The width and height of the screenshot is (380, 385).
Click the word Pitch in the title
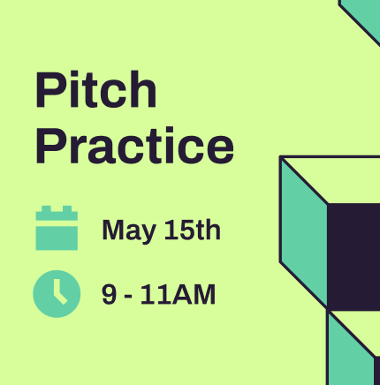(96, 89)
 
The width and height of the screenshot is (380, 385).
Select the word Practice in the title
(135, 146)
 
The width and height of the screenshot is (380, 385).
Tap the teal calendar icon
(57, 228)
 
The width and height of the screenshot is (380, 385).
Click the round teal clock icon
(57, 294)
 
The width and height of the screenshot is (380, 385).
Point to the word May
(129, 231)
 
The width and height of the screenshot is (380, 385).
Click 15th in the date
(192, 230)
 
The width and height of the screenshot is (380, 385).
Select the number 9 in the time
(109, 294)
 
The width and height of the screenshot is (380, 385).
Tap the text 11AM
(178, 294)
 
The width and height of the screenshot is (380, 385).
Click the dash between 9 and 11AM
(128, 297)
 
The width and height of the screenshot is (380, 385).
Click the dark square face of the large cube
(353, 256)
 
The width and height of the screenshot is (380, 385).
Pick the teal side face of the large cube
(303, 232)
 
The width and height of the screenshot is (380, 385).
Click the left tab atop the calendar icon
(46, 208)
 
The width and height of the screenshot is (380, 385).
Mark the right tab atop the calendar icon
(67, 208)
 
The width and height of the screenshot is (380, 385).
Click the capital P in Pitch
(49, 89)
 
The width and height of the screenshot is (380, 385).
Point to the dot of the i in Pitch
(73, 74)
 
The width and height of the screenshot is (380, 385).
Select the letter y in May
(148, 234)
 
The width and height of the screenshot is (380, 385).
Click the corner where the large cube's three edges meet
(327, 203)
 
